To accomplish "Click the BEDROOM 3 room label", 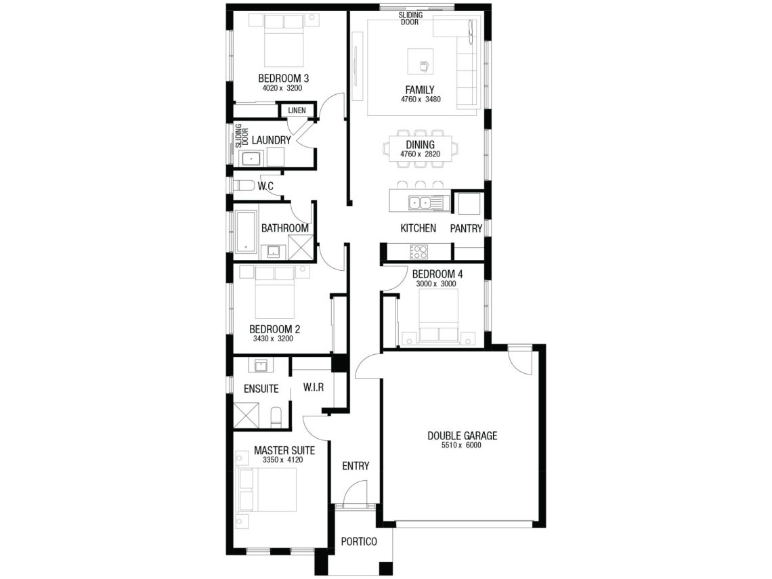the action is [x=283, y=79].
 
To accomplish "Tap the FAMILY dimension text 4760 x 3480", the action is [x=420, y=99].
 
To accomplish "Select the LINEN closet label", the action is [x=297, y=110].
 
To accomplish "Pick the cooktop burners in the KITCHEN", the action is [x=419, y=252].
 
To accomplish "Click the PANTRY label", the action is [x=466, y=228].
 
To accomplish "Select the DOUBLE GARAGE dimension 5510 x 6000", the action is [x=461, y=445].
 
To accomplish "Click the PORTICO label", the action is [x=359, y=542].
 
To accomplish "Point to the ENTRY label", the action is [x=356, y=466].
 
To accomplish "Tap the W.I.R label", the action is [x=314, y=387].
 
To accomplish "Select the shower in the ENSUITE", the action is [x=246, y=415].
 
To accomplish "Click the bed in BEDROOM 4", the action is [x=439, y=315].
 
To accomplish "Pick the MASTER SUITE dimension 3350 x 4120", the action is [x=282, y=460].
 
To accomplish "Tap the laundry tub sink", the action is [x=251, y=158].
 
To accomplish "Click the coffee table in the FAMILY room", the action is [x=421, y=61].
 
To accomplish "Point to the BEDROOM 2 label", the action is [x=275, y=329].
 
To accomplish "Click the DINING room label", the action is [x=420, y=145].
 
